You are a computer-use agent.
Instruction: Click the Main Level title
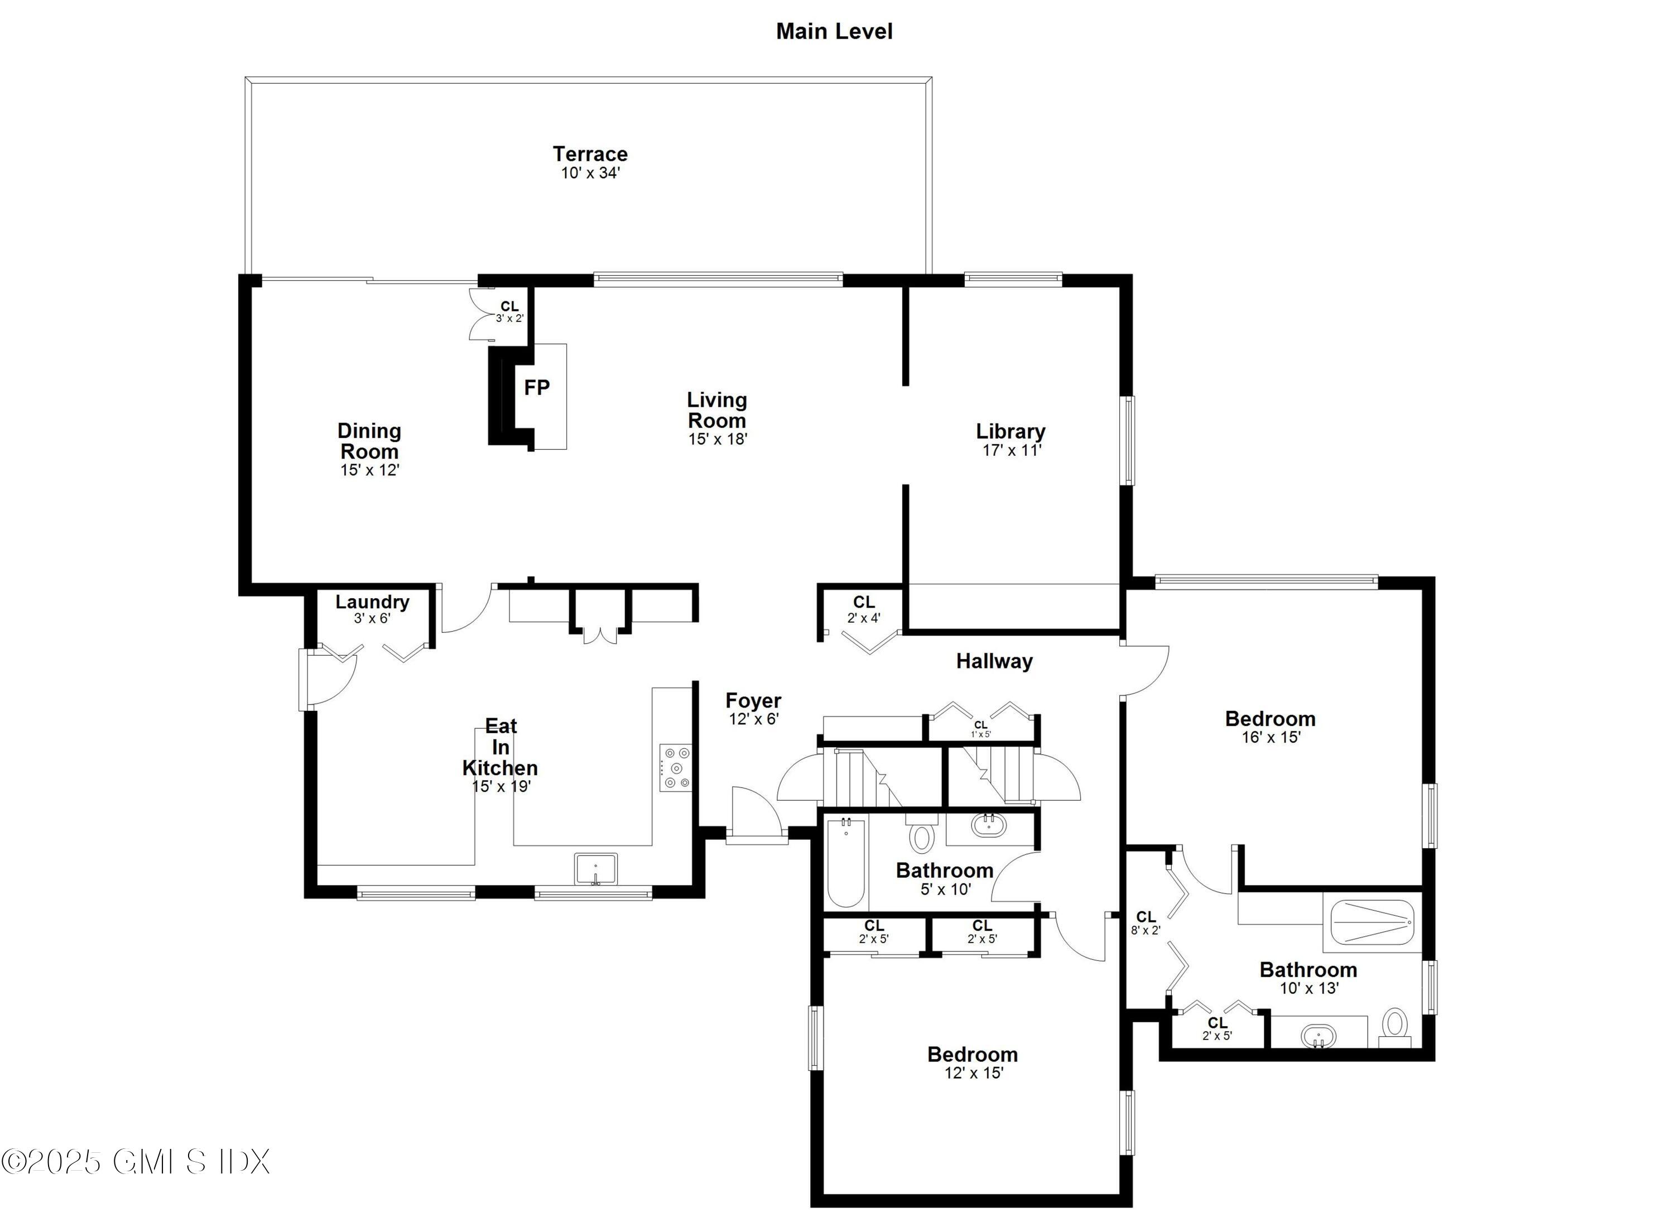(x=834, y=32)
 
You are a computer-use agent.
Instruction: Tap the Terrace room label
(x=590, y=154)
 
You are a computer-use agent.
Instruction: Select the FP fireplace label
(x=537, y=387)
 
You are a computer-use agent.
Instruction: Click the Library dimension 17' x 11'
(x=1011, y=450)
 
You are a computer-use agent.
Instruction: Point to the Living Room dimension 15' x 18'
(x=718, y=439)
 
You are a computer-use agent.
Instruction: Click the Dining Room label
(x=369, y=441)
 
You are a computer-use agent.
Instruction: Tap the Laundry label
(x=372, y=602)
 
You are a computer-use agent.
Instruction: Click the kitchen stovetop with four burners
(x=675, y=768)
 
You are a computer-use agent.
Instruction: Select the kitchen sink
(x=595, y=869)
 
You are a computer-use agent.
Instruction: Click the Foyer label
(x=753, y=700)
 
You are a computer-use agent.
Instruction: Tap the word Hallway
(x=994, y=661)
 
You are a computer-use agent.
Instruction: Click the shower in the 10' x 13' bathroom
(x=1372, y=922)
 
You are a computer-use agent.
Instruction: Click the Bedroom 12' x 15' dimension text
(x=974, y=1073)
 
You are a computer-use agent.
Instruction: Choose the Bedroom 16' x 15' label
(x=1269, y=719)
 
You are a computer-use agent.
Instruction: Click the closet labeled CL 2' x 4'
(x=864, y=609)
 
